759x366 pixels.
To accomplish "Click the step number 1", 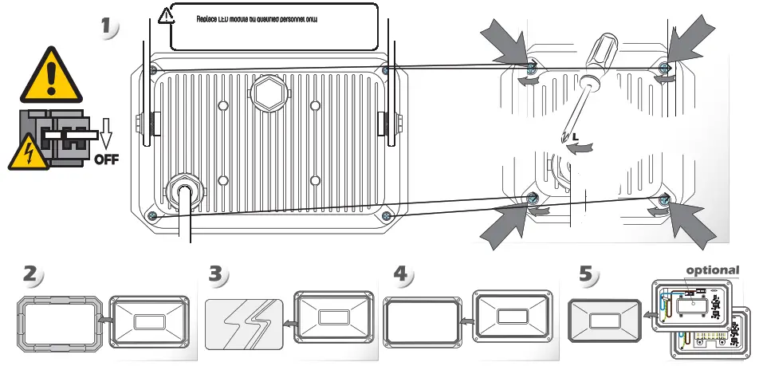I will point(109,26).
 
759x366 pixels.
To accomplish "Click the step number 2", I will point(31,274).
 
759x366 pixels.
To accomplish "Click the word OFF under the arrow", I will point(106,158).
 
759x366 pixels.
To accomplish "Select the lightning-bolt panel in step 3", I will point(243,325).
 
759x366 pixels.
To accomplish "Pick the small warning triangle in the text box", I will point(166,15).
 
